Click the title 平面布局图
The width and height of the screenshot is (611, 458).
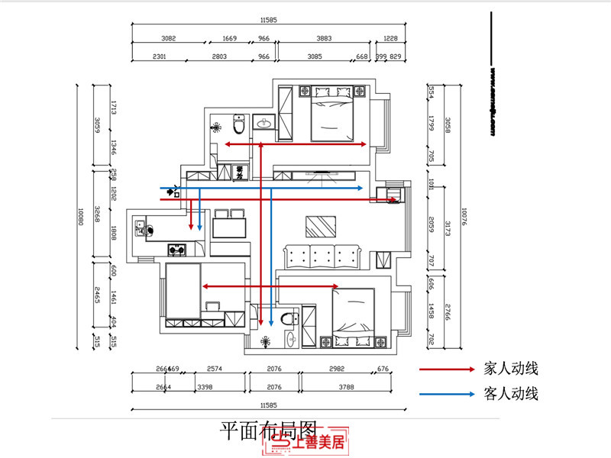(267, 430)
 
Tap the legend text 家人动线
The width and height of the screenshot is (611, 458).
(511, 369)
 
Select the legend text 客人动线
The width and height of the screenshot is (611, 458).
(511, 394)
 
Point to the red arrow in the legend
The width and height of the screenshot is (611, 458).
(447, 369)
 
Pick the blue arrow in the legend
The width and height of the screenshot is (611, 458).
(447, 395)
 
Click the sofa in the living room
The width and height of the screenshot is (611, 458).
(323, 254)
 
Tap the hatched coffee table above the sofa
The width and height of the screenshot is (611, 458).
(320, 227)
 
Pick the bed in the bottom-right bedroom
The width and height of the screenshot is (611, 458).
(351, 314)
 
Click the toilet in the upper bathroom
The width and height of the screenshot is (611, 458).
(239, 123)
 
